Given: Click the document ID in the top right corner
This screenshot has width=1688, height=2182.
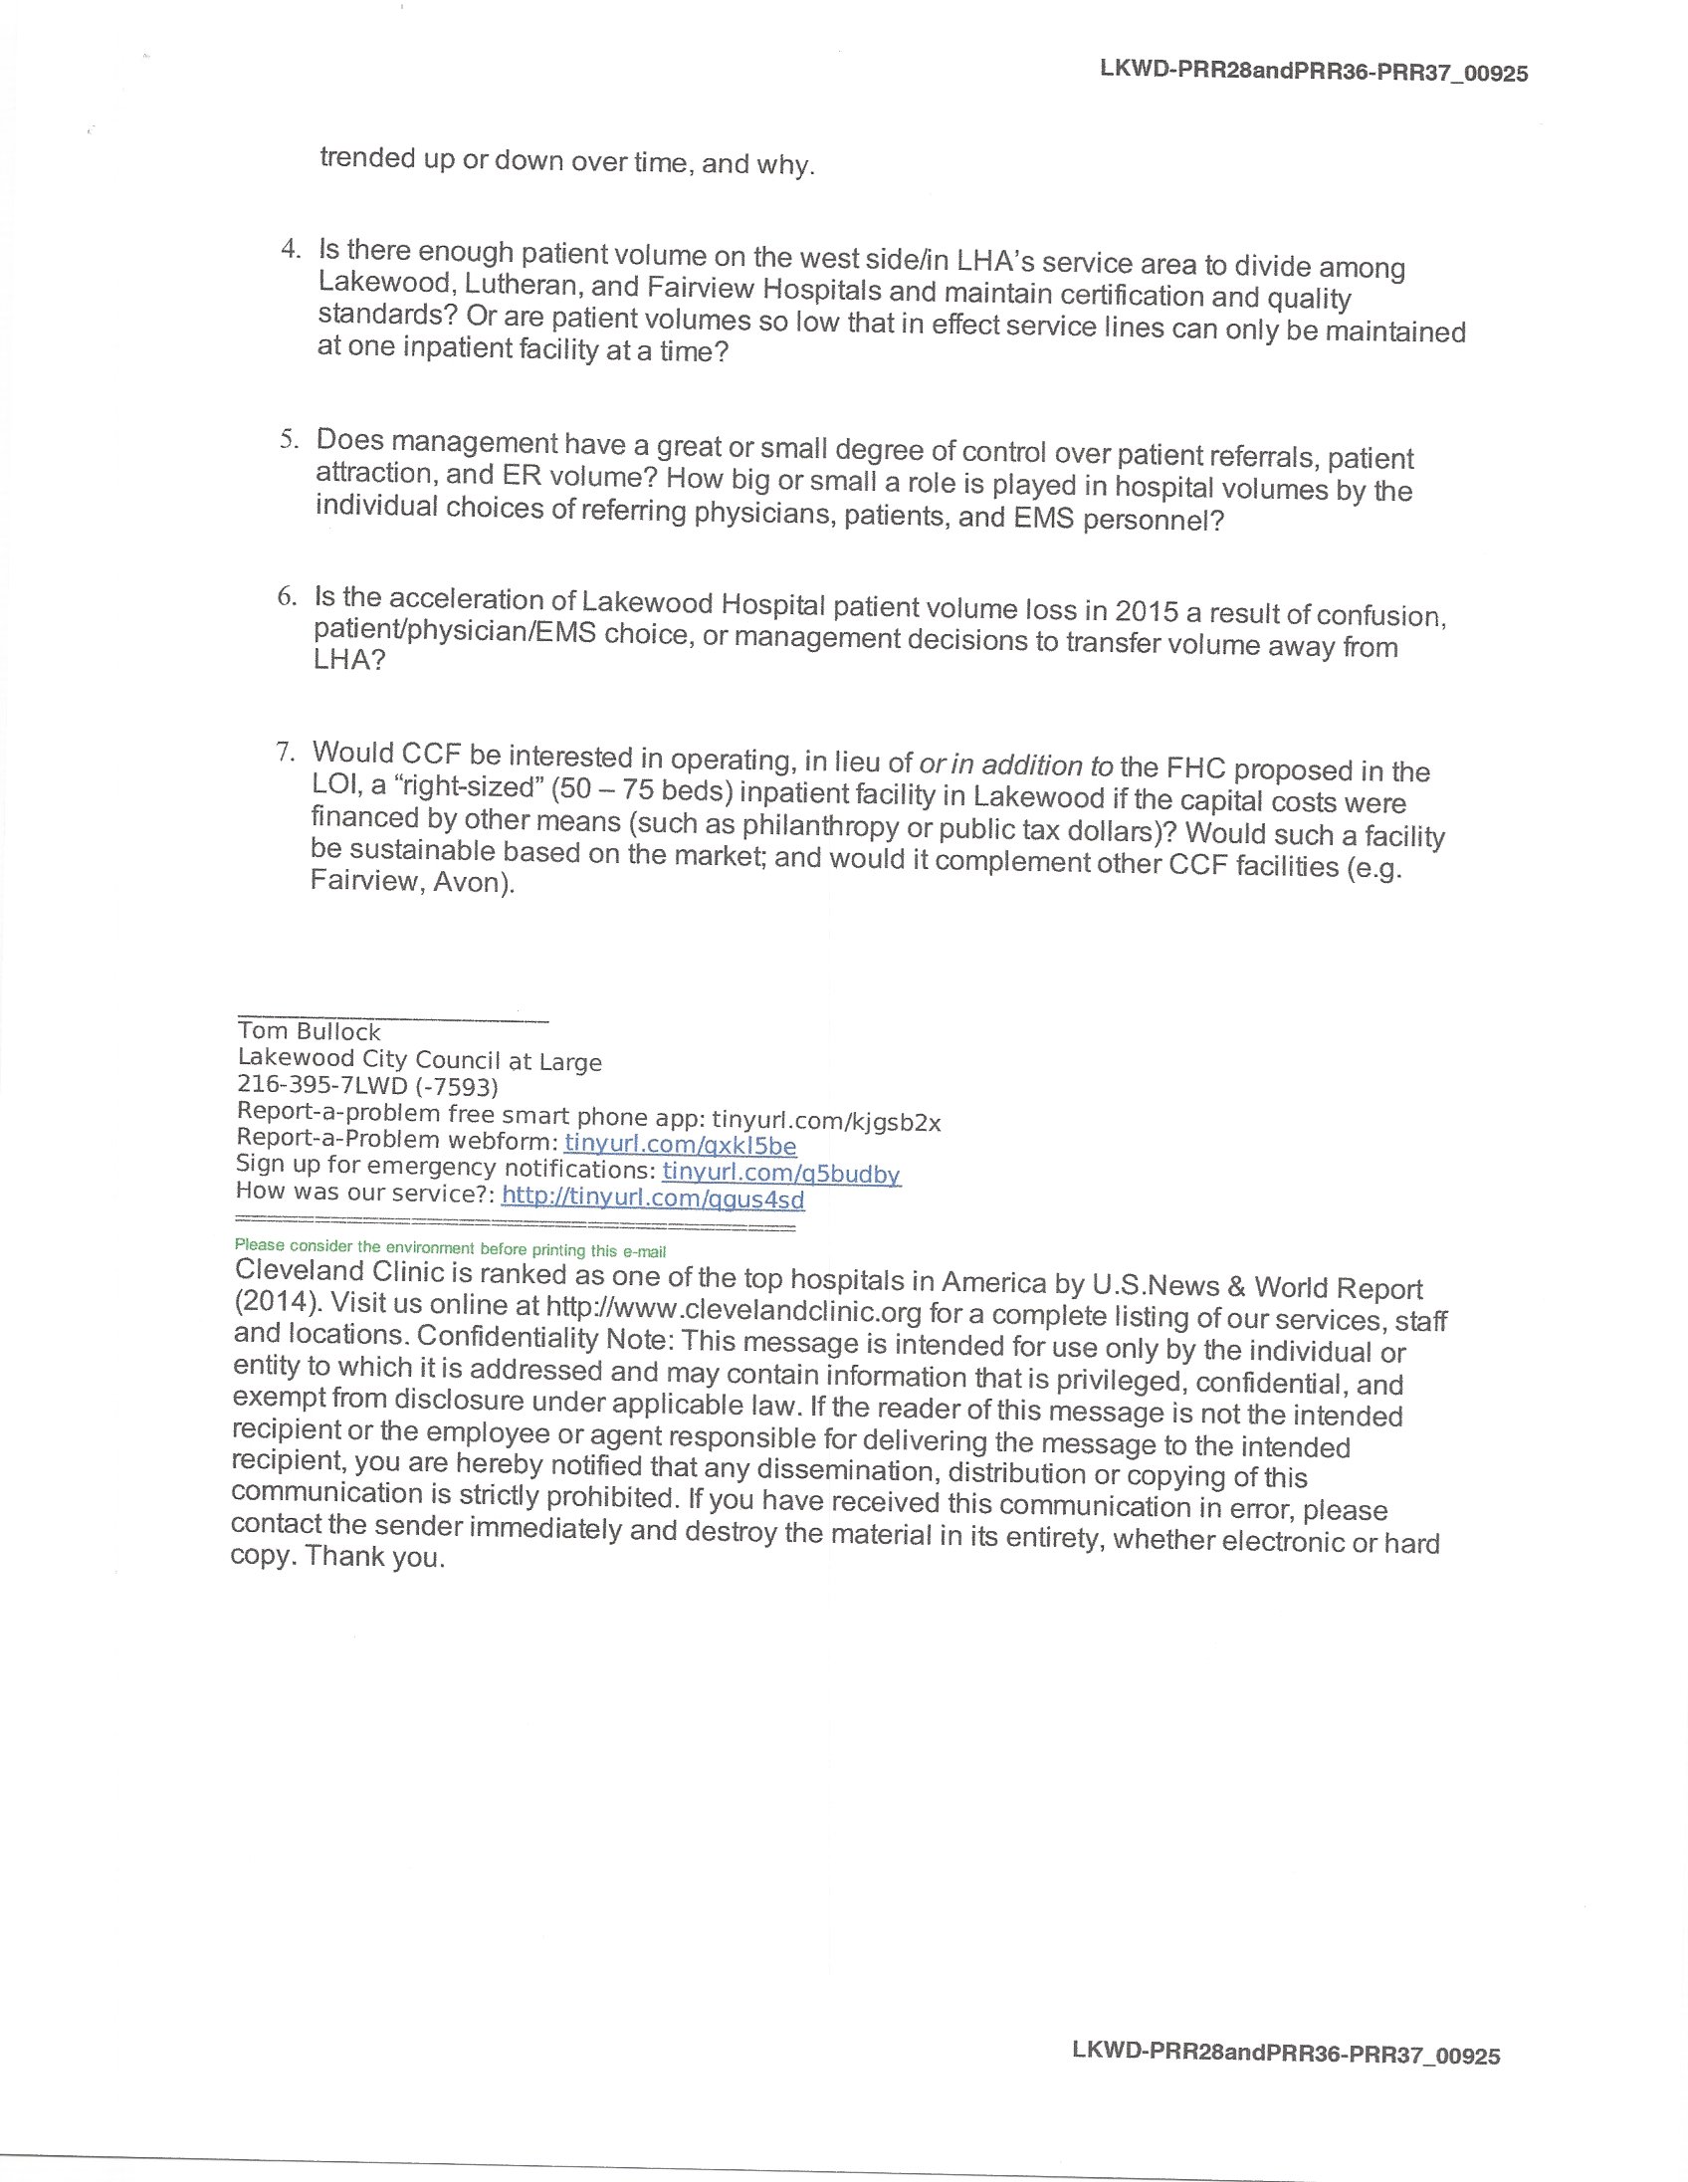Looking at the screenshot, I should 1313,72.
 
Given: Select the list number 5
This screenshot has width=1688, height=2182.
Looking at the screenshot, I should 288,439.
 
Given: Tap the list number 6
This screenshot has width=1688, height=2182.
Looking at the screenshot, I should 287,595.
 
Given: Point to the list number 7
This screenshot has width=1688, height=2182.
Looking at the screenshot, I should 285,751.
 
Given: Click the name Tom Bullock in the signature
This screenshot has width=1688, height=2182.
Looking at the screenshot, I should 309,1032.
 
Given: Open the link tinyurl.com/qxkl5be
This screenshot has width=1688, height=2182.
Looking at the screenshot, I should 680,1145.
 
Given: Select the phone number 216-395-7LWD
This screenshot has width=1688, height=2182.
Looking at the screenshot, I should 321,1085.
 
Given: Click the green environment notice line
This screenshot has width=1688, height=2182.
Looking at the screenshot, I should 450,1249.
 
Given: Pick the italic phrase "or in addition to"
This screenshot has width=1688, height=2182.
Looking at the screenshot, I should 1015,765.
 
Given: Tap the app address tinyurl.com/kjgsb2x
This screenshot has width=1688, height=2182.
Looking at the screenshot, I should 826,1122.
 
